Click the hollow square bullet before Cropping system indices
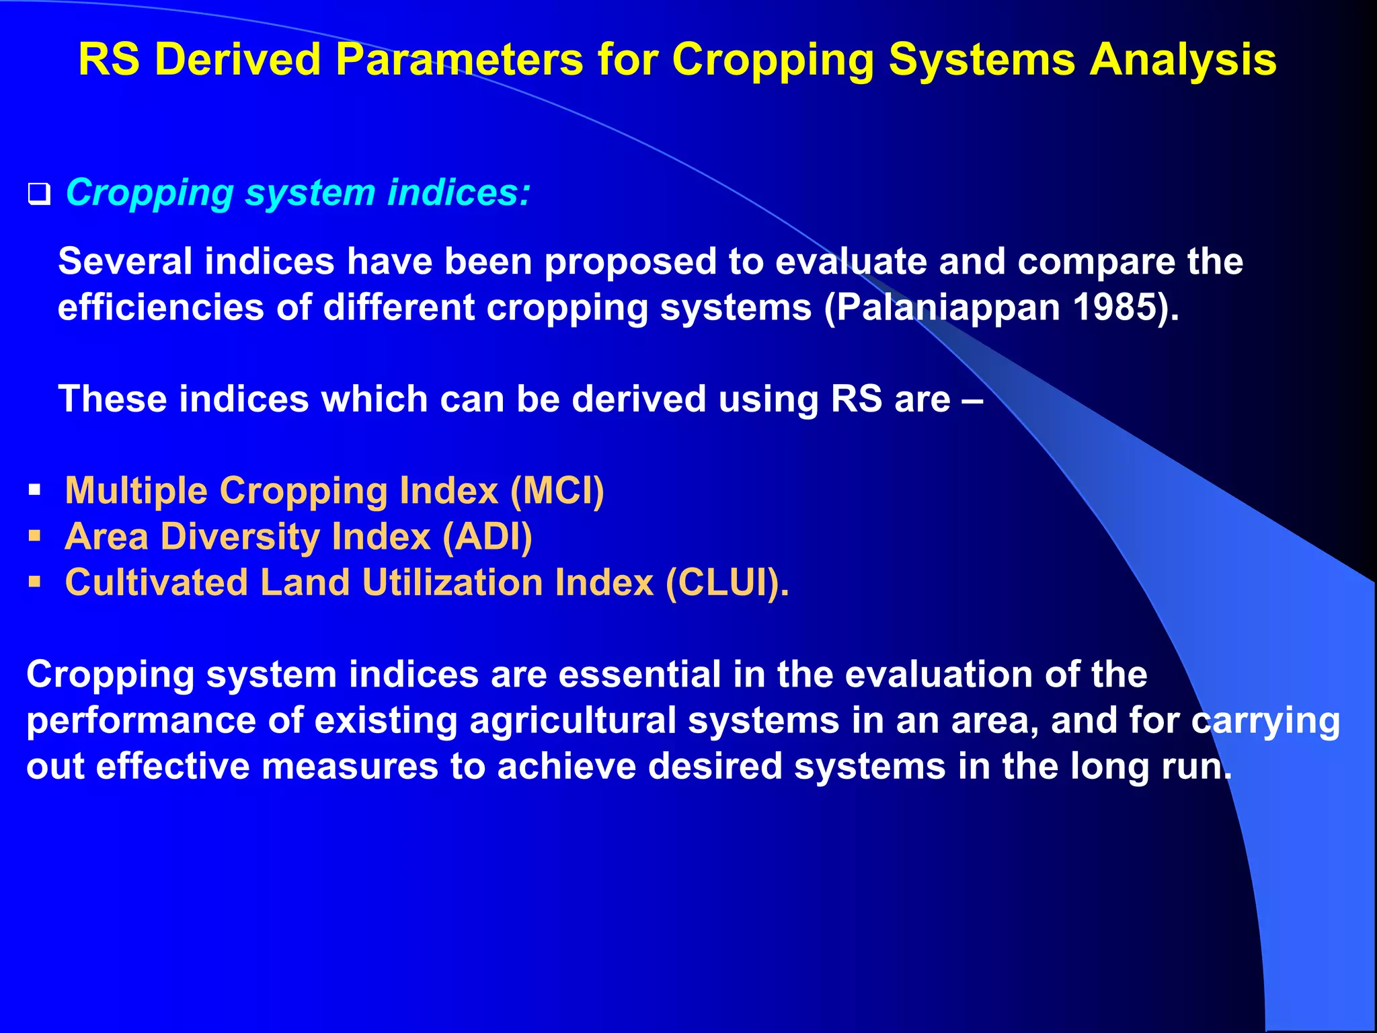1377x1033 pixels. coord(39,194)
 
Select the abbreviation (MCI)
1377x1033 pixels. coord(557,491)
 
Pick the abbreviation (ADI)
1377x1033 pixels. coord(487,537)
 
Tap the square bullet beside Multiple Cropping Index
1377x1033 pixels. coord(35,491)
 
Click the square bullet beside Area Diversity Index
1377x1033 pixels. coord(35,537)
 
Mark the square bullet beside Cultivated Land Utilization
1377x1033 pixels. coord(35,582)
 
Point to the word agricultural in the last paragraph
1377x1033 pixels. coord(573,720)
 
